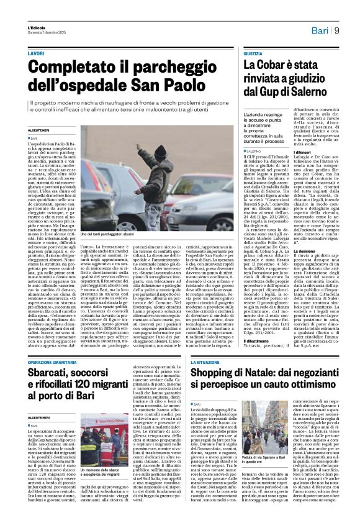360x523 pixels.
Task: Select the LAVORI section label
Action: tap(36, 54)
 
